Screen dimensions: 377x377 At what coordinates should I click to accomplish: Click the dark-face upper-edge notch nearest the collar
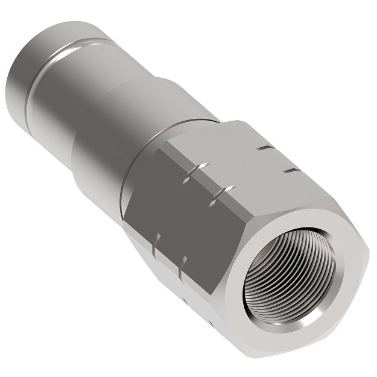tap(198, 168)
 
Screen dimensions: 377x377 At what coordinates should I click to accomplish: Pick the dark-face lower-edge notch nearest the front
tap(183, 263)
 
